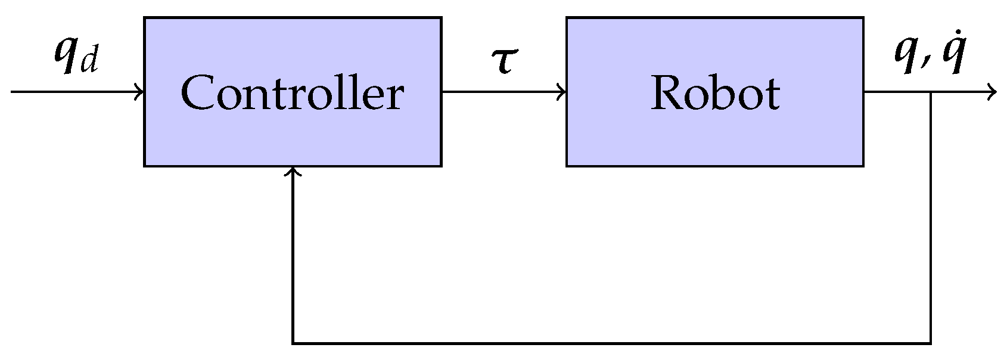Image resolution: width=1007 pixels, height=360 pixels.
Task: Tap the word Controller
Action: (292, 94)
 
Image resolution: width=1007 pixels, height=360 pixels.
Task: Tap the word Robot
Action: (714, 94)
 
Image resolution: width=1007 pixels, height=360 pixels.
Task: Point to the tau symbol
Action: (504, 61)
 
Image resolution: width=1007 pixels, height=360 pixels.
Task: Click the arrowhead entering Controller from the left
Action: (140, 92)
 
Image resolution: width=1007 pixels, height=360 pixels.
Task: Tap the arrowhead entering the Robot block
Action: (562, 92)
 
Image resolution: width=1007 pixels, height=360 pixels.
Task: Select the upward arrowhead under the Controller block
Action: (293, 171)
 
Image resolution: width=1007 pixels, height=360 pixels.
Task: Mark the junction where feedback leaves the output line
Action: (931, 92)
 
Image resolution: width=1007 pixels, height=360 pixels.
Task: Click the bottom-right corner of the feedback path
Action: (931, 343)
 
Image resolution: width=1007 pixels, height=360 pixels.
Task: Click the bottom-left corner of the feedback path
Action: (293, 343)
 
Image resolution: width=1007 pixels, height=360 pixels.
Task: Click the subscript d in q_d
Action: (89, 63)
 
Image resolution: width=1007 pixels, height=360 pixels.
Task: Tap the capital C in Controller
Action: (198, 93)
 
